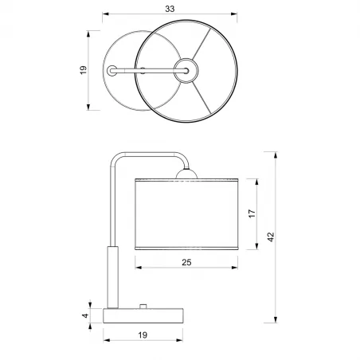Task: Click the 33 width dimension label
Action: (170, 9)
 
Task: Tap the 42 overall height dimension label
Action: (271, 237)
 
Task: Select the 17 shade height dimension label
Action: (252, 213)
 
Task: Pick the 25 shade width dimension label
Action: (186, 262)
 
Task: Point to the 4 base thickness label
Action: (85, 315)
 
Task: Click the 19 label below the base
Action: (143, 335)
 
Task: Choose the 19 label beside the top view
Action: (84, 70)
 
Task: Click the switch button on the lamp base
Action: (143, 306)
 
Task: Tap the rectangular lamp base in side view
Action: (143, 315)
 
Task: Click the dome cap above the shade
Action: (186, 174)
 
